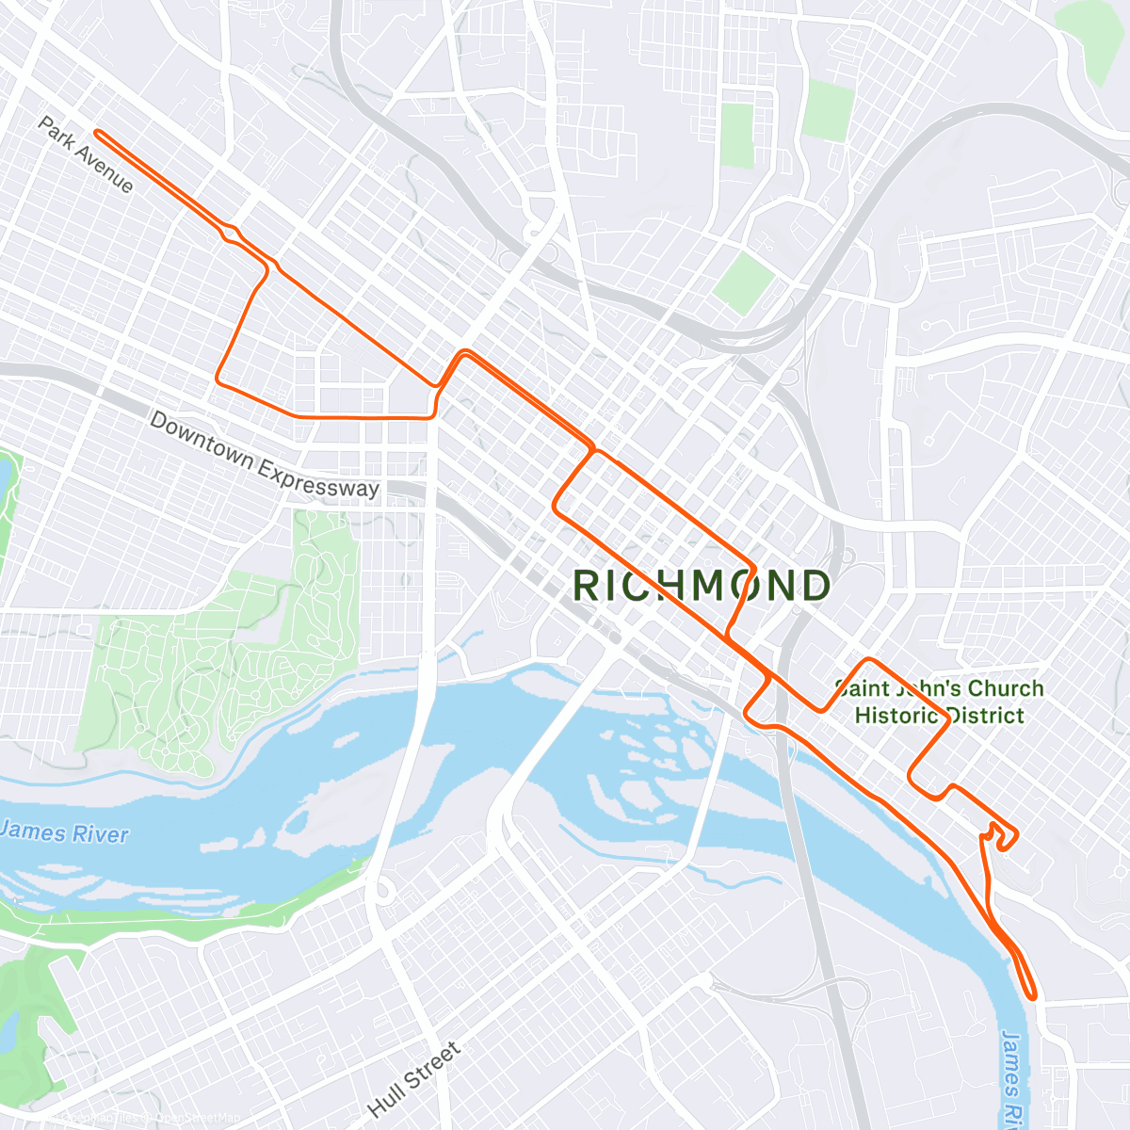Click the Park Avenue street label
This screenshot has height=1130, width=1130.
(86, 154)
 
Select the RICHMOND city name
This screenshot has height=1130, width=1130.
(702, 586)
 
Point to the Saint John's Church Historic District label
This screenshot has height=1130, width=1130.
(939, 702)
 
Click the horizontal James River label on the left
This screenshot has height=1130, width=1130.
(64, 832)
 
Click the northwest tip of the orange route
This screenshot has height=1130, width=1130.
(97, 134)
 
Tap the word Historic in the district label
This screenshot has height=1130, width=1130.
(898, 716)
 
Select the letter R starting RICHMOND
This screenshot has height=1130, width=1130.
(586, 586)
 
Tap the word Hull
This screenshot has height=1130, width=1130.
(386, 1100)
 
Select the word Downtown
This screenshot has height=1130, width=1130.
(202, 438)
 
